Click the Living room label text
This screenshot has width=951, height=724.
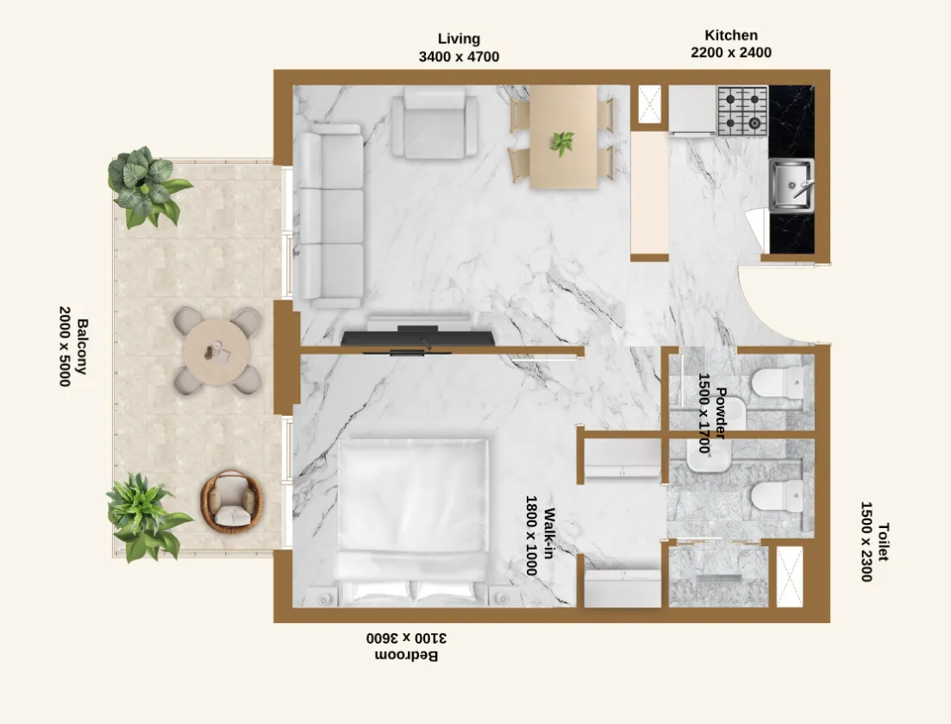tap(459, 39)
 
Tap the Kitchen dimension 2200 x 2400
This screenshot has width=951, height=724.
tap(731, 53)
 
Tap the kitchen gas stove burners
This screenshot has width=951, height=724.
tap(742, 110)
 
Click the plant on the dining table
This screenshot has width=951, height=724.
tap(562, 142)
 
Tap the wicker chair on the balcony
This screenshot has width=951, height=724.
tap(230, 501)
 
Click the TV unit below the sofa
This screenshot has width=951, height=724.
tap(418, 335)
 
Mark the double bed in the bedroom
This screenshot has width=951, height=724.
tap(411, 518)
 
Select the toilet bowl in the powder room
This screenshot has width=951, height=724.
tap(779, 383)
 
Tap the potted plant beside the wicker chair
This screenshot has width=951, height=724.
tap(144, 516)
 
